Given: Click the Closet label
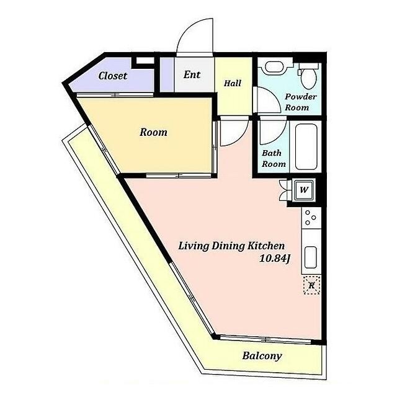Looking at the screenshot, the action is point(113,76).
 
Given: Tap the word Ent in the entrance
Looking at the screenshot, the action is point(192,74).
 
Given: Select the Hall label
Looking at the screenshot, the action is point(233,83).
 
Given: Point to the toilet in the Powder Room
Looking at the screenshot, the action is point(308,76).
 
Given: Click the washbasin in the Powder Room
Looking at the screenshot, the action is point(275,67).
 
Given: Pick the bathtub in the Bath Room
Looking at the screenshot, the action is point(306,147).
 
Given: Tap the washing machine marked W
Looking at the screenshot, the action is point(304,190).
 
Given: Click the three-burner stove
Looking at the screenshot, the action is point(311,218).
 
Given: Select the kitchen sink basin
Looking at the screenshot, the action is point(310,257).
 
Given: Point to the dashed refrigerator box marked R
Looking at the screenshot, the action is point(311,285).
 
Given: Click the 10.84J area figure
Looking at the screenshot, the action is point(275,259).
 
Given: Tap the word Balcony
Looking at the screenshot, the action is point(262,356).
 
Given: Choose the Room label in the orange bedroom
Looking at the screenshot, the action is point(153,132).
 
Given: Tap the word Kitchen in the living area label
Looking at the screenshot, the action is point(266,246).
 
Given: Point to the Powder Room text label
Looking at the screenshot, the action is point(300,102).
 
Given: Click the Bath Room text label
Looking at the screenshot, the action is point(274,159).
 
